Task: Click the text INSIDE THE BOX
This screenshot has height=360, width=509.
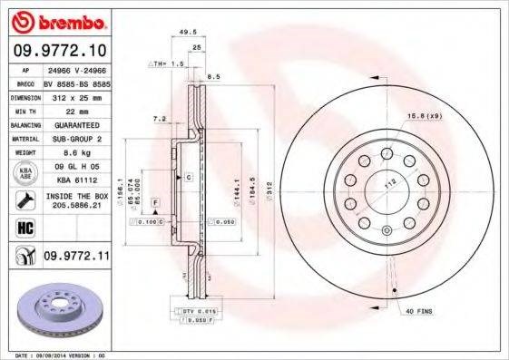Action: tap(75, 196)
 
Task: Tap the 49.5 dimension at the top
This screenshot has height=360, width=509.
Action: tap(189, 30)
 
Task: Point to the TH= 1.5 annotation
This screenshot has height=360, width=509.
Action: tap(166, 65)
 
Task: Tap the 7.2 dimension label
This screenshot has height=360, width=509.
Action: tap(160, 119)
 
